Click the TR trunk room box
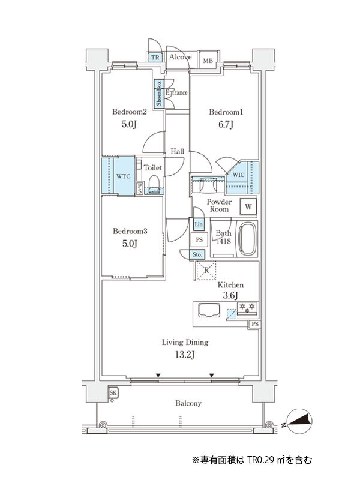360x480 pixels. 155,57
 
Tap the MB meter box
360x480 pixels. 208,61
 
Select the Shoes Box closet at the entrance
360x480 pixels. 159,94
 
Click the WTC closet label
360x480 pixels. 124,176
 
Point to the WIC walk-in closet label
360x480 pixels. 238,175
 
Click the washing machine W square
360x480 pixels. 248,206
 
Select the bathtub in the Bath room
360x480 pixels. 247,239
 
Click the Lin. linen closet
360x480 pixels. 199,224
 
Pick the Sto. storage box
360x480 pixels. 197,254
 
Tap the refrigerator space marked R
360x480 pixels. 206,271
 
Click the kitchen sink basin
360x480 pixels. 209,310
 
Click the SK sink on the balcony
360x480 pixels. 113,393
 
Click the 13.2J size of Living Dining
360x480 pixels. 185,355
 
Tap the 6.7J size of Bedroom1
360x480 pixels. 226,125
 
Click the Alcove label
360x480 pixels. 181,57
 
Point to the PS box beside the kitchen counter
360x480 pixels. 254,324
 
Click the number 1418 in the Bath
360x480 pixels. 223,241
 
